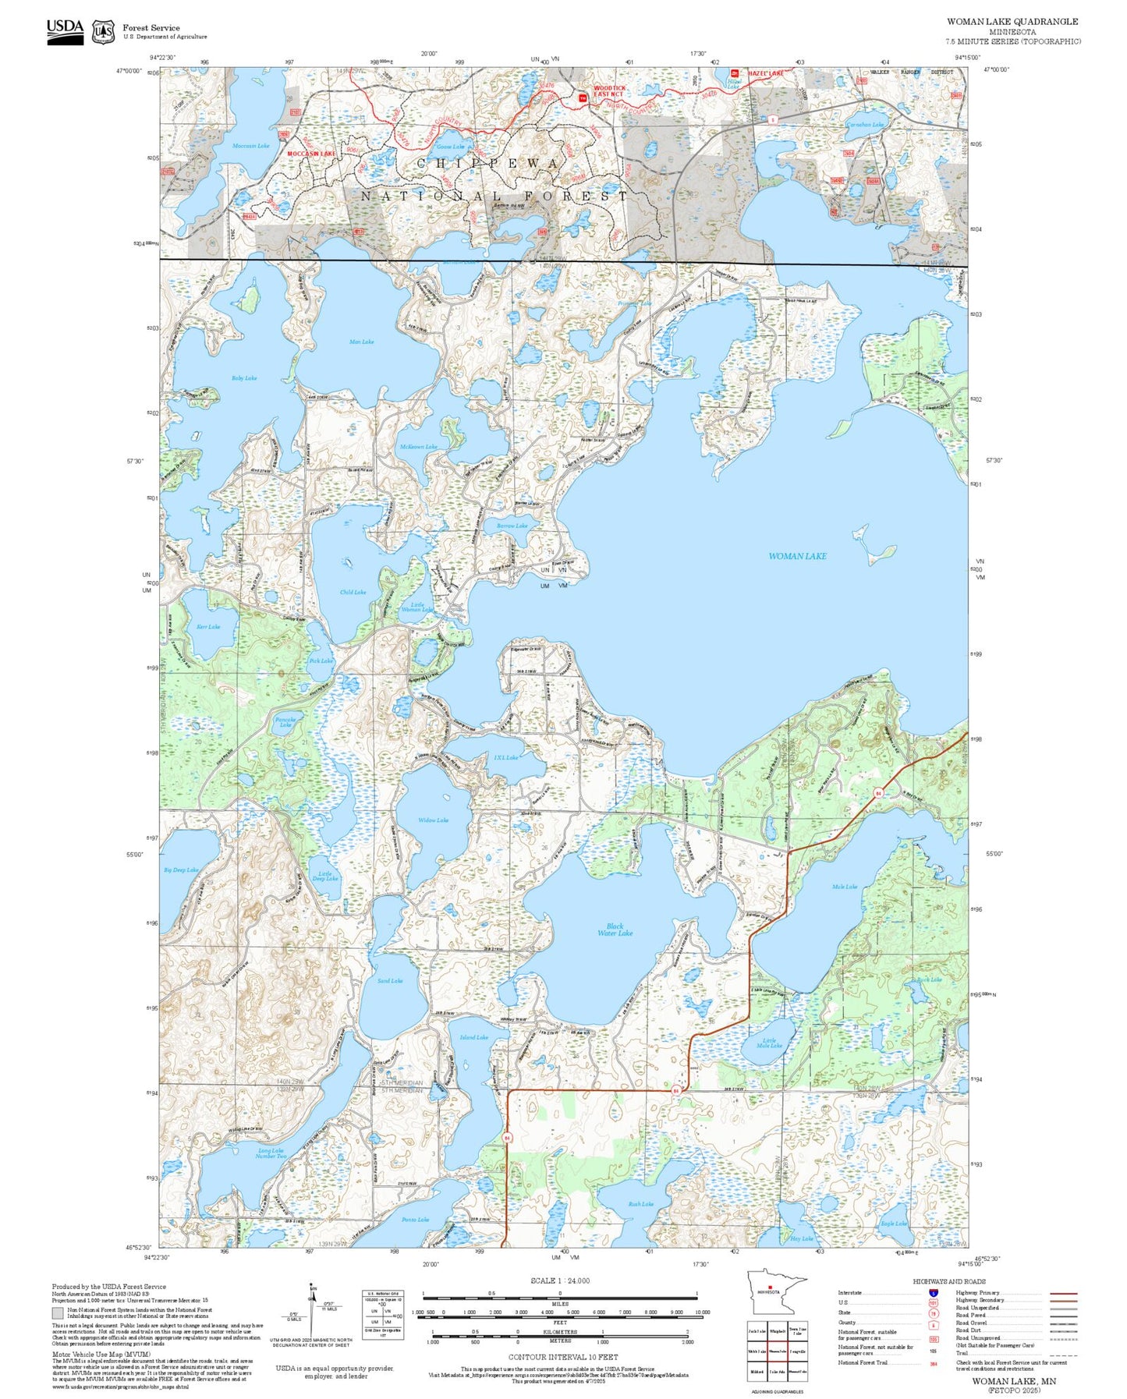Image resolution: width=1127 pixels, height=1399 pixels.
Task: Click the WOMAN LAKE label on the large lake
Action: click(797, 556)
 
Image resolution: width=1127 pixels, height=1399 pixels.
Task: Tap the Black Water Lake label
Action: click(615, 930)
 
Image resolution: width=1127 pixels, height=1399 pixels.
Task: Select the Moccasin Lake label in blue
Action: click(250, 146)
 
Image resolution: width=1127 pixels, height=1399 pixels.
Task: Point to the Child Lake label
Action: click(353, 592)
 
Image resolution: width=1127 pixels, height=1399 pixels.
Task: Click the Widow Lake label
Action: click(433, 820)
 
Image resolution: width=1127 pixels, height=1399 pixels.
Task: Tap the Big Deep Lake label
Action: click(181, 870)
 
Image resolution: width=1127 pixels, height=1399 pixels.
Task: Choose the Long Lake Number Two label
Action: click(271, 1153)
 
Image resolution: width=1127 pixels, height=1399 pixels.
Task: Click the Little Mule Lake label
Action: click(769, 1043)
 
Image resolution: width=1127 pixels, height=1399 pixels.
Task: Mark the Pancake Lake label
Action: click(285, 721)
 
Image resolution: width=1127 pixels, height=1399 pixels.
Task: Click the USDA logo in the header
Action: click(65, 30)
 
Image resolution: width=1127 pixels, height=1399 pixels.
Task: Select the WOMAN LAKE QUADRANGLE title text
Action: click(1012, 22)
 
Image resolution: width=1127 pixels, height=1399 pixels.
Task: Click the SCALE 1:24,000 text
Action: click(560, 1280)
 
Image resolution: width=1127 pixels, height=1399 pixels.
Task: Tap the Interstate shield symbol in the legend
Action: click(933, 1293)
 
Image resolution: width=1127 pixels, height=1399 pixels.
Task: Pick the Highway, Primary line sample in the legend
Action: click(1064, 1293)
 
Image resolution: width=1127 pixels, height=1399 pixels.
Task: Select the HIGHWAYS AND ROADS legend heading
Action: click(948, 1281)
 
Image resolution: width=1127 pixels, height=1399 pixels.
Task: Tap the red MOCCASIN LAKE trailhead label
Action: click(311, 154)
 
